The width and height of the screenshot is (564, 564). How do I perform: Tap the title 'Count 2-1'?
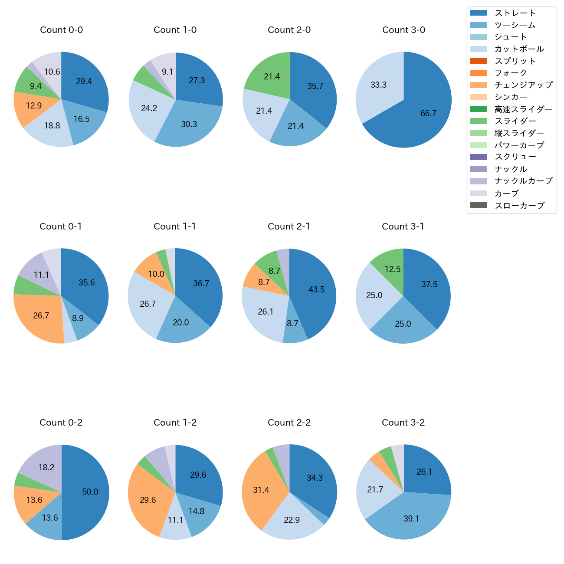pos(289,226)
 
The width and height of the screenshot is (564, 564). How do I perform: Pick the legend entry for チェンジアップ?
pos(523,85)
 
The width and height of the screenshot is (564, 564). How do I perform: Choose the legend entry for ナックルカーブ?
pos(523,181)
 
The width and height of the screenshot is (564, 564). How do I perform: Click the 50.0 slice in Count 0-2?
pos(89,492)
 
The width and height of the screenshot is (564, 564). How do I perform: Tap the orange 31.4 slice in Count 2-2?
pos(261,490)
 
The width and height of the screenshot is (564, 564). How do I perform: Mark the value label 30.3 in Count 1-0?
pos(189,125)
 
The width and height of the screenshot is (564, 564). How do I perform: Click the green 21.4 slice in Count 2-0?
pos(272,77)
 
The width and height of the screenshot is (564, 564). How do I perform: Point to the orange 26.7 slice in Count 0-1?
pos(41,316)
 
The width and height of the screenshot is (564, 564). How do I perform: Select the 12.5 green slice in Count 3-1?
pos(392,269)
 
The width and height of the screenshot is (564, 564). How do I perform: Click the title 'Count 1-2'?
pos(175,423)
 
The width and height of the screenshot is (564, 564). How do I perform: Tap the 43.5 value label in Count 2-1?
pos(317,290)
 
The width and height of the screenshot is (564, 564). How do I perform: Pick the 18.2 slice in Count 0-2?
pos(46,468)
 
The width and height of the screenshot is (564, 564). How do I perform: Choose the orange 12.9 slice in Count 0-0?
pos(33,106)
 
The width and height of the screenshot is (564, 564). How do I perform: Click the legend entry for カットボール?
pos(519,49)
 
